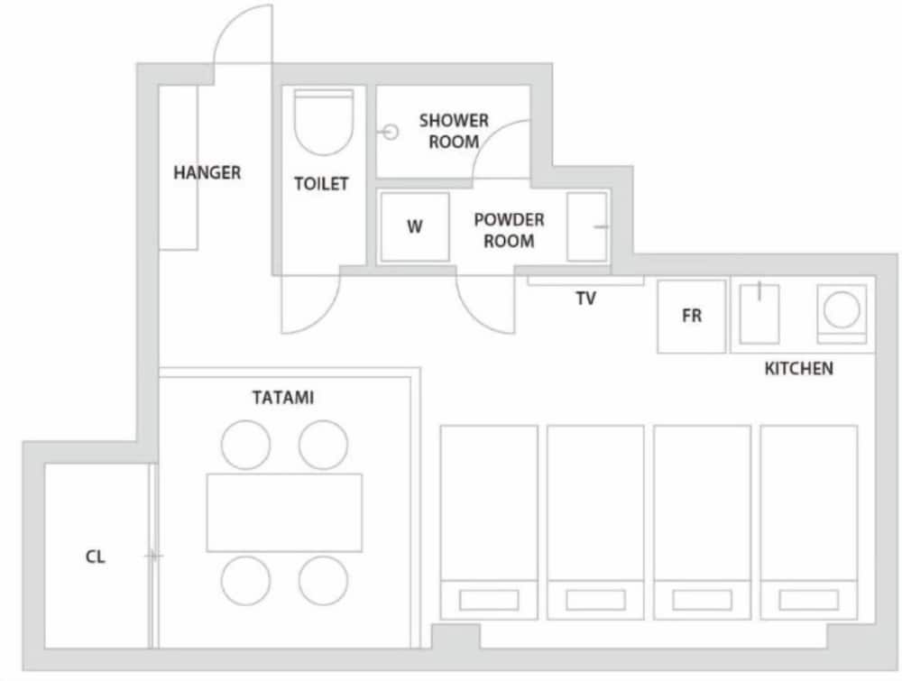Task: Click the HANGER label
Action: pos(207,172)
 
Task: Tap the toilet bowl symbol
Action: pos(322,124)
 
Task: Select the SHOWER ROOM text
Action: pos(453,131)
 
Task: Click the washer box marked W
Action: pos(414,227)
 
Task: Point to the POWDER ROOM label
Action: pos(509,230)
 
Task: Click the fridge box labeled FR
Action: pos(692,317)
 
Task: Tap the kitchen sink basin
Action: pos(759,313)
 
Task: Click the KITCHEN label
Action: pos(798,368)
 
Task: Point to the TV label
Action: pos(586,299)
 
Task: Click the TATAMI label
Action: pos(283,397)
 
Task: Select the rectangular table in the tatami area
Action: pos(284,512)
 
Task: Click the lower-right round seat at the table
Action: pos(323,580)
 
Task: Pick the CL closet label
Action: pos(95,557)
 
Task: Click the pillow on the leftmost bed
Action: pos(488,600)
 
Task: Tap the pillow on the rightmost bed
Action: pos(808,600)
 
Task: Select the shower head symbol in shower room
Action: pos(390,132)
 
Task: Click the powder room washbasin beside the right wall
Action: pos(587,227)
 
